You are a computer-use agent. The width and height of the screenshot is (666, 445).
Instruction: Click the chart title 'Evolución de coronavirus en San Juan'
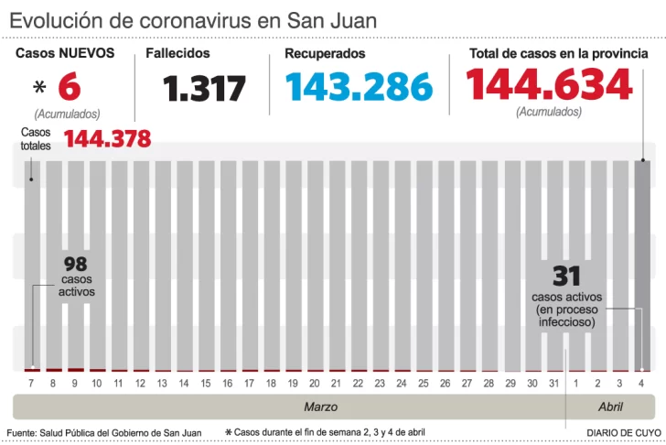click(193, 20)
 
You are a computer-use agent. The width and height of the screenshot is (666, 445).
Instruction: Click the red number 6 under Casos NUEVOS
click(70, 88)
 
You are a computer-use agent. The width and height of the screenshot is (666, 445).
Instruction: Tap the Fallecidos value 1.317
click(205, 89)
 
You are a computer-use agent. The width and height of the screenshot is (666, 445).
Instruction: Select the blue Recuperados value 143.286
click(359, 87)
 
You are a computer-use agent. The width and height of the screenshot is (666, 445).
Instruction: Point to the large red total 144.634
click(549, 84)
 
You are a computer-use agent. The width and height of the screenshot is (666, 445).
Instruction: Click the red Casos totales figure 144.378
click(107, 139)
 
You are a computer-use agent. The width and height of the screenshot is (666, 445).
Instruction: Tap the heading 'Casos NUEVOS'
click(65, 53)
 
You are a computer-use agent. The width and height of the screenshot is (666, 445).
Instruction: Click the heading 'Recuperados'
click(325, 54)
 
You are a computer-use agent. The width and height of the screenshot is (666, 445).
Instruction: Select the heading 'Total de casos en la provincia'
click(558, 54)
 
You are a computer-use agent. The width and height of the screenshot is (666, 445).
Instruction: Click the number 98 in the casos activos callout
click(76, 265)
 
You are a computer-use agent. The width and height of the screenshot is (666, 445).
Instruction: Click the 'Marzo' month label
click(320, 407)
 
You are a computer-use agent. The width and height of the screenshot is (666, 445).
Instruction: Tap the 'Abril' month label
click(610, 407)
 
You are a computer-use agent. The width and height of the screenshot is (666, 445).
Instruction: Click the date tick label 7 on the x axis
click(31, 383)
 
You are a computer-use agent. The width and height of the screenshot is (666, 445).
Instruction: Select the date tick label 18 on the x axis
click(270, 383)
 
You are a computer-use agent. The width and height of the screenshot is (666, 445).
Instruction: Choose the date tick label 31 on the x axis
click(554, 383)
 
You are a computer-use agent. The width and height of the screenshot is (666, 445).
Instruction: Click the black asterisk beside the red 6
click(38, 88)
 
